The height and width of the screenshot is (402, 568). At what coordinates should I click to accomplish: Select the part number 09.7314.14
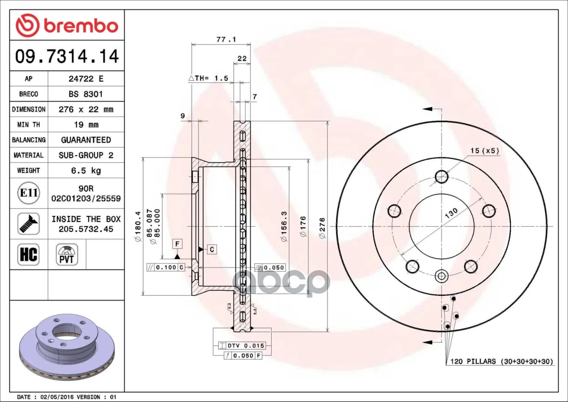point(67,56)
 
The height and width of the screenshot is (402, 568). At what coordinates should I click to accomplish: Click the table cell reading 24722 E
point(86,79)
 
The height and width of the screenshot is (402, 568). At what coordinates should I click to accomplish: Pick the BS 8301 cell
point(86,94)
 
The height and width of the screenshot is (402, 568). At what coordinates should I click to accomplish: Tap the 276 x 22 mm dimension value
point(86,109)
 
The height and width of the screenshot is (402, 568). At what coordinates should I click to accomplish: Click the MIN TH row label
point(28,125)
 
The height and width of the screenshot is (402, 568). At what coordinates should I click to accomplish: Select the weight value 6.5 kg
point(86,170)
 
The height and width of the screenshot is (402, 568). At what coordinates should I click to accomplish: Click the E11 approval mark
point(28,193)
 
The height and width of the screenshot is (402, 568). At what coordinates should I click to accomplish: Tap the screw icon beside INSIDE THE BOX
point(28,224)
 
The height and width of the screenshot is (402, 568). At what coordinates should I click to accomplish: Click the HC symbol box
point(28,254)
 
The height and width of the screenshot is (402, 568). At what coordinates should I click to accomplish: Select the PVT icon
point(67,254)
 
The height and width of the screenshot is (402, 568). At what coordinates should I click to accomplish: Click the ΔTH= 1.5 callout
point(208,78)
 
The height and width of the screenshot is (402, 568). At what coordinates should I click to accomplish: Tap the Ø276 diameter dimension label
point(322,228)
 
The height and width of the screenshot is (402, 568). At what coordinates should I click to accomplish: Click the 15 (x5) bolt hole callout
point(485,151)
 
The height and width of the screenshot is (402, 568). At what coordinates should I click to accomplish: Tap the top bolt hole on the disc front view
point(442,177)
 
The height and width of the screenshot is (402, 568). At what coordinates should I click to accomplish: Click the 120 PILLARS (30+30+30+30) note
point(502,362)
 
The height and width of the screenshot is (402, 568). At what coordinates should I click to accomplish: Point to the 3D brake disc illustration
point(67,346)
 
